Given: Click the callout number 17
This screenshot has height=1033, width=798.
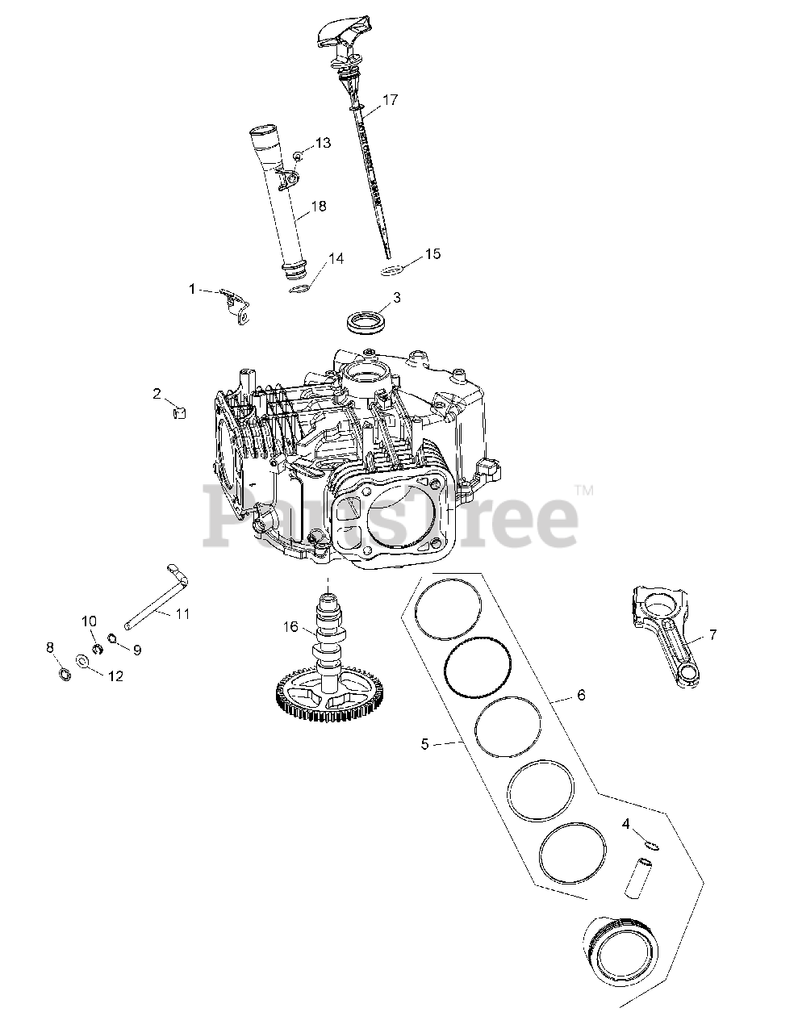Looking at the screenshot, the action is tap(391, 100).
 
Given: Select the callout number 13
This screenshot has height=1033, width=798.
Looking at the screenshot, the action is tap(323, 143).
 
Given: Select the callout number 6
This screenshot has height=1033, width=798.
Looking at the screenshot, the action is tap(581, 695).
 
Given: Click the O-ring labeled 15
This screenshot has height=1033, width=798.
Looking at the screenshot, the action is tap(392, 270).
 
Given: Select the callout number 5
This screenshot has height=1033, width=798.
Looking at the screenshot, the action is tap(425, 744).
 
